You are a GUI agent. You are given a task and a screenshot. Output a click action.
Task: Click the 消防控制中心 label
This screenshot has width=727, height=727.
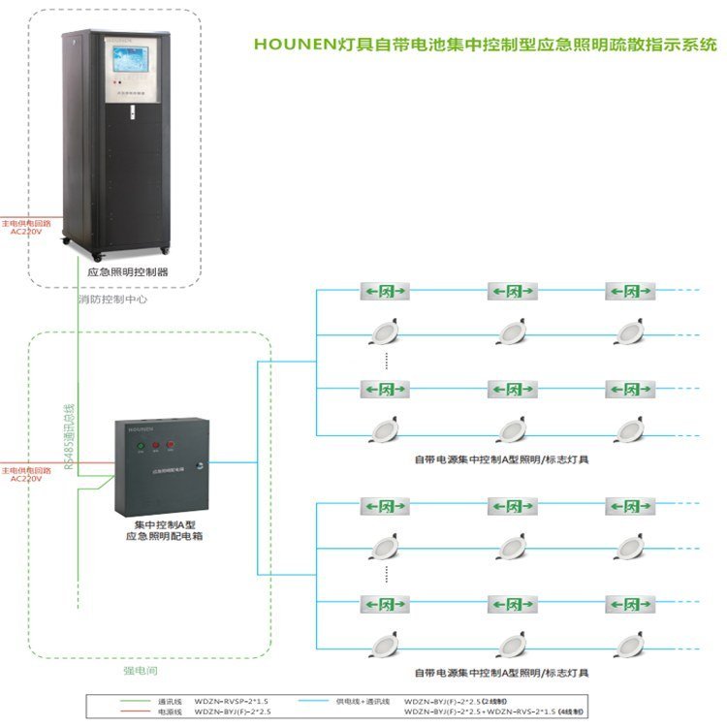coord(113,300)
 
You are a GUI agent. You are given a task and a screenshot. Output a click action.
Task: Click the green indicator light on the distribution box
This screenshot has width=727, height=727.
coord(141,447)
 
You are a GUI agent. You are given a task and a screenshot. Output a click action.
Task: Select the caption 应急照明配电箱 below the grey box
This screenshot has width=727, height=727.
coord(163,535)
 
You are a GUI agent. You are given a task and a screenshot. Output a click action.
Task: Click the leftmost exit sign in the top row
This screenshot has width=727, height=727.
coord(380,291)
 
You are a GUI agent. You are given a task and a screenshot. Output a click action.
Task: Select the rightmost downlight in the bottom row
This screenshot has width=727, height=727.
coord(631,643)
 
